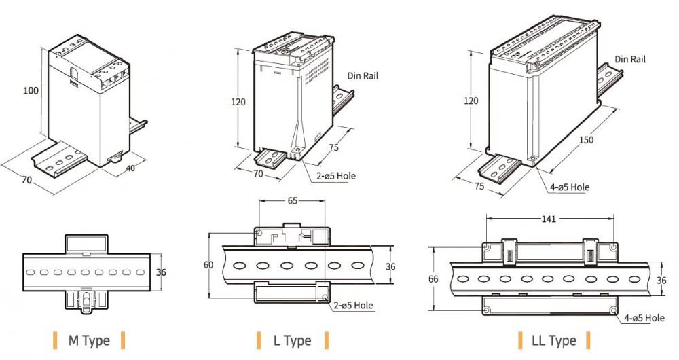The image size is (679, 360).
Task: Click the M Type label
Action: click(88, 340)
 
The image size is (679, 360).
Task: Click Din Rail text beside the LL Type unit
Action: click(629, 59)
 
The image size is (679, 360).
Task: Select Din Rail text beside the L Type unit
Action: click(363, 75)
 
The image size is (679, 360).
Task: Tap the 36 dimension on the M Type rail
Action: click(161, 272)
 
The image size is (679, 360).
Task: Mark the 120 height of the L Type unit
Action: click(238, 102)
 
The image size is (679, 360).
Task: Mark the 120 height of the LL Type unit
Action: click(471, 101)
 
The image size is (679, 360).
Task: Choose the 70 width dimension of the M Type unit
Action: click(26, 181)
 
